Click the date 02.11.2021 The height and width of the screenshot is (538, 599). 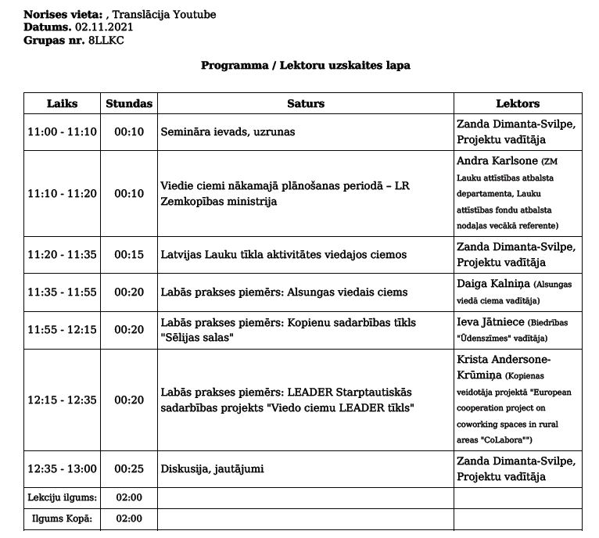(x=104, y=27)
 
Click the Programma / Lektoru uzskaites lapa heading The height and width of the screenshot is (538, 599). (x=306, y=66)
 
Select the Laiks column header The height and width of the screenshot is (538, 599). (x=63, y=103)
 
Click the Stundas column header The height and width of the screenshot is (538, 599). (x=129, y=103)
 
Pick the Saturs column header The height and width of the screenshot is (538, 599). (x=305, y=103)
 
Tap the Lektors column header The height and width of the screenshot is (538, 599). (x=518, y=103)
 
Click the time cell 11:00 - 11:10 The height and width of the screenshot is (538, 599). (x=63, y=132)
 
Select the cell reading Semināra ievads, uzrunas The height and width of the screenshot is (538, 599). (x=228, y=132)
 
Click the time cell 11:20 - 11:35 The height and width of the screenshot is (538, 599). (x=63, y=254)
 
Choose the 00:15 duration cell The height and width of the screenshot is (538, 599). (x=129, y=254)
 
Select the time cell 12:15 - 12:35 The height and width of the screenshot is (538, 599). (x=63, y=400)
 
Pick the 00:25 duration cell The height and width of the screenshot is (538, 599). (x=129, y=468)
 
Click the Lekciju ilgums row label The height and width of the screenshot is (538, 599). (x=63, y=497)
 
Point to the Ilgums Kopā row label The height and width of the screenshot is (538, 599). (x=63, y=518)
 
